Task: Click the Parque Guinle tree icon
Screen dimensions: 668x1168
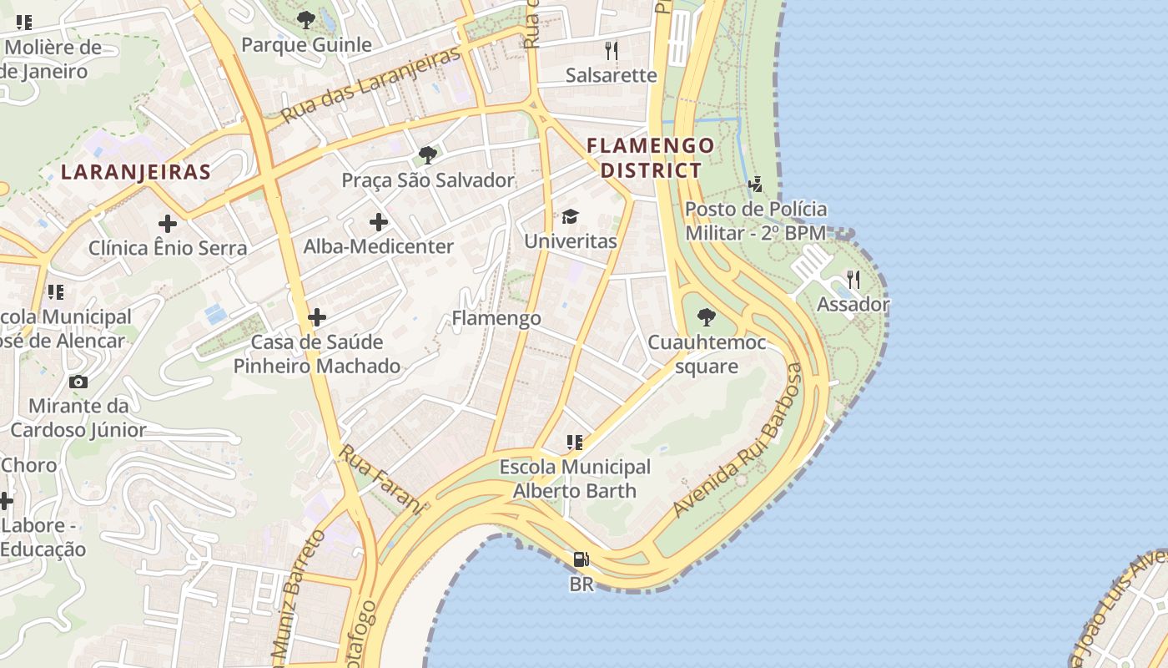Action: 306,19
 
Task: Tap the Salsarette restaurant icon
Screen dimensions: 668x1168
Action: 612,50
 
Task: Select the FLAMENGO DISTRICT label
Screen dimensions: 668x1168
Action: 651,158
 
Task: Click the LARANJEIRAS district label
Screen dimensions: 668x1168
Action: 136,173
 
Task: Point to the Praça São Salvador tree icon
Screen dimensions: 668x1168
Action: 428,154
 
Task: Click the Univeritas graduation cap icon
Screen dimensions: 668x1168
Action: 570,217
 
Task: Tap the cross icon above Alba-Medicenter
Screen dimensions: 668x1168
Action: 379,222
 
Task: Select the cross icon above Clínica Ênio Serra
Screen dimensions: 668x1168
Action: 168,224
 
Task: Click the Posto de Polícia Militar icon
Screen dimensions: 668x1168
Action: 756,184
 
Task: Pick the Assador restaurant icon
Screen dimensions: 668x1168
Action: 853,279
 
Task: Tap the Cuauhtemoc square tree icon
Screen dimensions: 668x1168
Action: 707,317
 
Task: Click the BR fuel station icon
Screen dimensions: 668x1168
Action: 581,559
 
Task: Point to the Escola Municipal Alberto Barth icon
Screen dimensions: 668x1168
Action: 574,443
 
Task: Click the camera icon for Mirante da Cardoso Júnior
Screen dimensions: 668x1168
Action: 78,382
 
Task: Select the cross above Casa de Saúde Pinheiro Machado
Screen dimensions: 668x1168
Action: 317,317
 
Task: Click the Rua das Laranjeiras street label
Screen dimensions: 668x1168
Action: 370,85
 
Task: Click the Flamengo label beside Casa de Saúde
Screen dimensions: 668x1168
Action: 496,318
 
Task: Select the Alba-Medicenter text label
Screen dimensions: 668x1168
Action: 379,246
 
